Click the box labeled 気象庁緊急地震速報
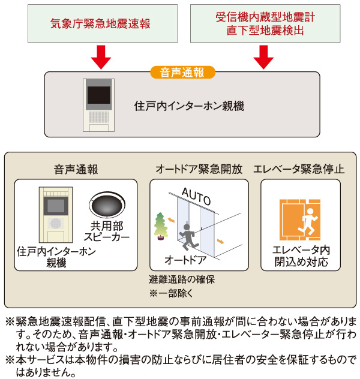pos(100,23)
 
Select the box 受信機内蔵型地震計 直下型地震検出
pos(261,23)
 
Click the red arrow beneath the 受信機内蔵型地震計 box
pos(262,58)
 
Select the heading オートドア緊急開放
pos(199,169)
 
